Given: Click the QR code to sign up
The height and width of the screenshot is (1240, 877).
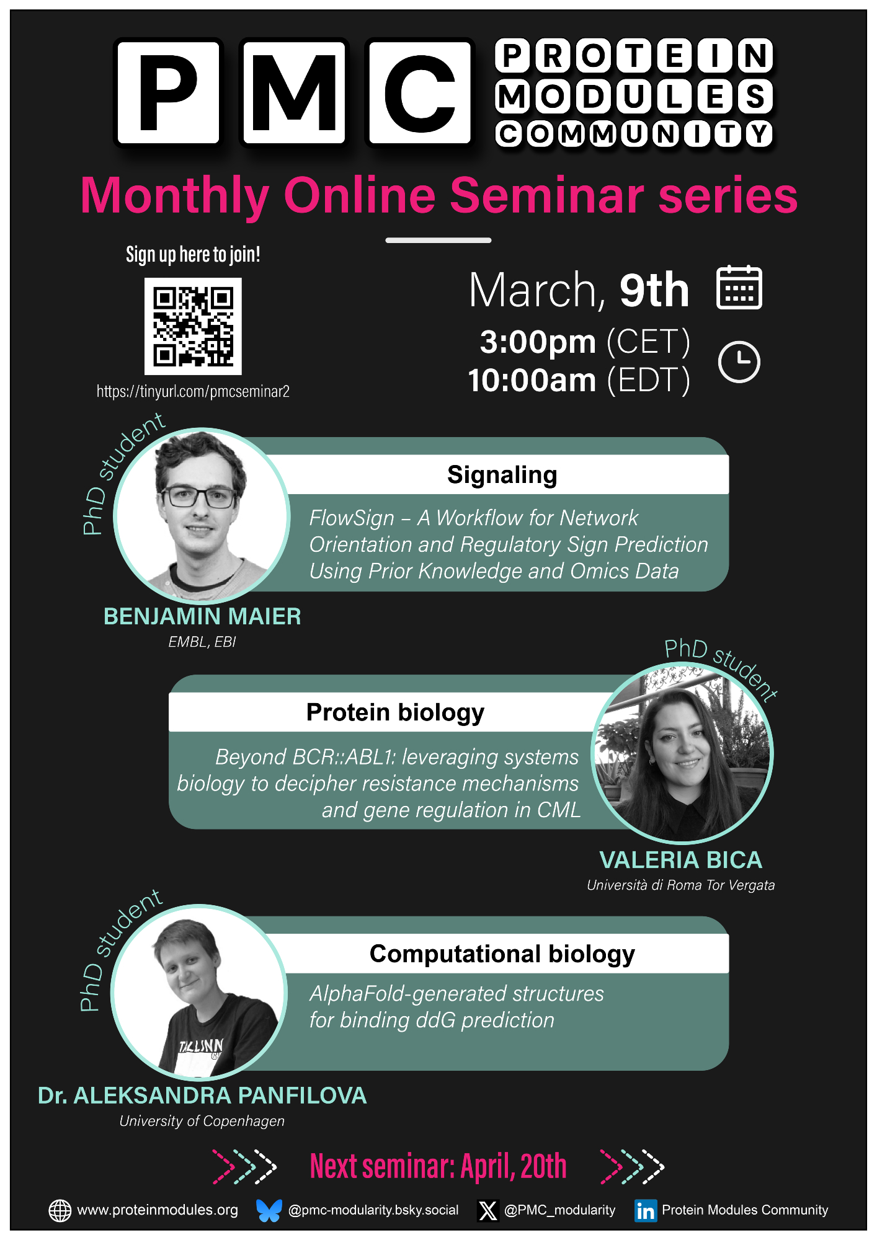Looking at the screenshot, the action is pos(193,326).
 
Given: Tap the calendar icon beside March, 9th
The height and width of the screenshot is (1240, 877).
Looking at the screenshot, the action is pos(739,287).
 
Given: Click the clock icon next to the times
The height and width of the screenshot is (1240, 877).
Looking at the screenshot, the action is pos(739,361).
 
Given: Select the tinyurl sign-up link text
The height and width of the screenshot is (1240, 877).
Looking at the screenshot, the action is pos(193,391).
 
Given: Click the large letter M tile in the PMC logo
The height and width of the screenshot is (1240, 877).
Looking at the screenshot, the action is pos(293,92).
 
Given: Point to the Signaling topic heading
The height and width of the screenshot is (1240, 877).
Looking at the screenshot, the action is pos(502,475).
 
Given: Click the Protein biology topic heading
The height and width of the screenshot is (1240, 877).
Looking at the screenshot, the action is pos(395,712).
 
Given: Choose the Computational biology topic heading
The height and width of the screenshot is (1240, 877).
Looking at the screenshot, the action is pos(502,954).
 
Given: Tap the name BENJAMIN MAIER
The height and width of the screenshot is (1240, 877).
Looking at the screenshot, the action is pos(202,616).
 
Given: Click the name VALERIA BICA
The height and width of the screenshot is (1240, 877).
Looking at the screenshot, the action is pos(681,860).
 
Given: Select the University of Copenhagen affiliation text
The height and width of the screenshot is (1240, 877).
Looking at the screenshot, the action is pos(202,1121).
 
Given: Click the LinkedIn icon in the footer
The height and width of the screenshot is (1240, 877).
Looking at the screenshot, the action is pos(646,1210).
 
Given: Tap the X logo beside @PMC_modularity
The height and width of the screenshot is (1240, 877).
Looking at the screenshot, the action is pos(488,1210).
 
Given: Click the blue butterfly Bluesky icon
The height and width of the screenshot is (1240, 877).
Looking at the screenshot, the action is pos(269,1210).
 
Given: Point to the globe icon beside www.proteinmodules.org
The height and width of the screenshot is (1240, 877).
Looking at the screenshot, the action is pos(60,1210).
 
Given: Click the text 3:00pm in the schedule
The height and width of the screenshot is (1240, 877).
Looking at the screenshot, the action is pos(538,342).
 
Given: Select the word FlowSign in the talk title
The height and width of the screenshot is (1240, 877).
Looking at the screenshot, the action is pos(352,518).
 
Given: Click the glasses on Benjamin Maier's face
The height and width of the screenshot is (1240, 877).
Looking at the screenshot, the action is pos(198,497).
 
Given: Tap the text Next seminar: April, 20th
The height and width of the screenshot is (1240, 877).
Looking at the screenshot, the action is pos(439,1166).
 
